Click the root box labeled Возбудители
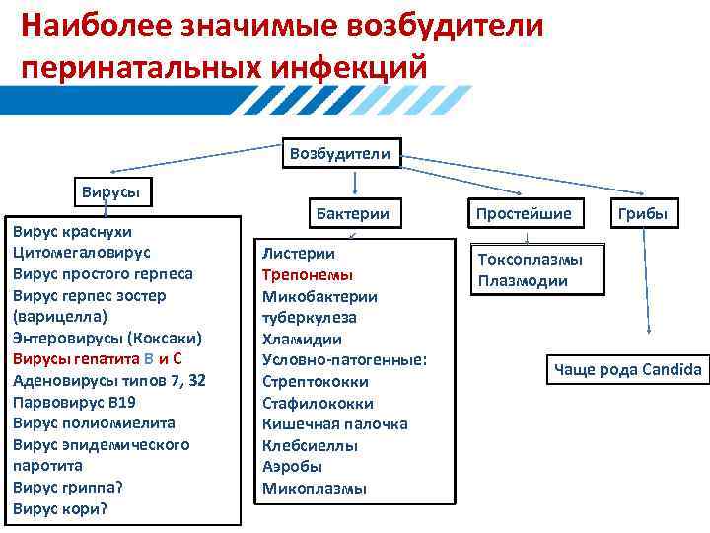pyautogui.click(x=341, y=153)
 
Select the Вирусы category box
pyautogui.click(x=109, y=192)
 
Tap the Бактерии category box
pyautogui.click(x=352, y=213)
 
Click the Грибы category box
pyautogui.click(x=643, y=213)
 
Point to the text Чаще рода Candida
pyautogui.click(x=628, y=370)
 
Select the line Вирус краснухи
pyautogui.click(x=74, y=232)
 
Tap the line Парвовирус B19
pyautogui.click(x=75, y=402)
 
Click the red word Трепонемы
pyautogui.click(x=308, y=274)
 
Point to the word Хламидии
pyautogui.click(x=302, y=339)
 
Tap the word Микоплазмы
pyautogui.click(x=315, y=488)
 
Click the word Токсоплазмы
pyautogui.click(x=531, y=259)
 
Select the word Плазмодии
pyautogui.click(x=523, y=280)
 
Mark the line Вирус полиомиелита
pyautogui.click(x=95, y=423)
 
